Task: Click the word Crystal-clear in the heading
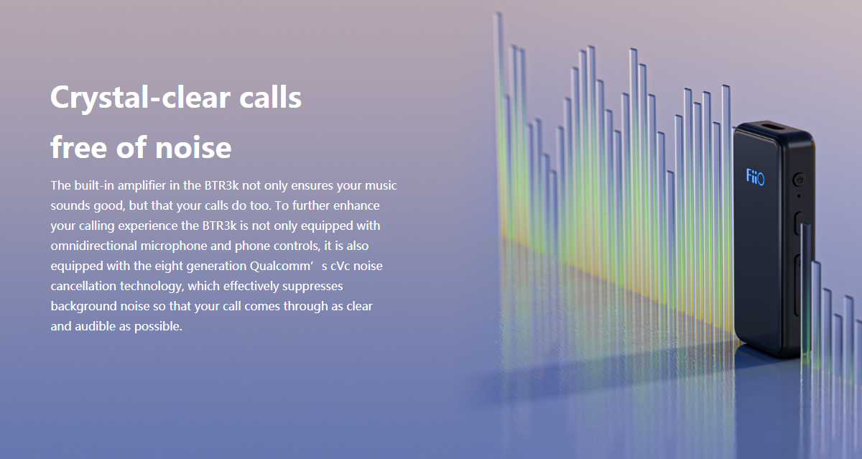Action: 141,98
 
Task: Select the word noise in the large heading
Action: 193,148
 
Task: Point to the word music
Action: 381,186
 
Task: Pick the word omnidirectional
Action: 94,246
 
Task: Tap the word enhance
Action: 356,206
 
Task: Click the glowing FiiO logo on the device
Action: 755,177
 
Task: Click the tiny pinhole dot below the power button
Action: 799,196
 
